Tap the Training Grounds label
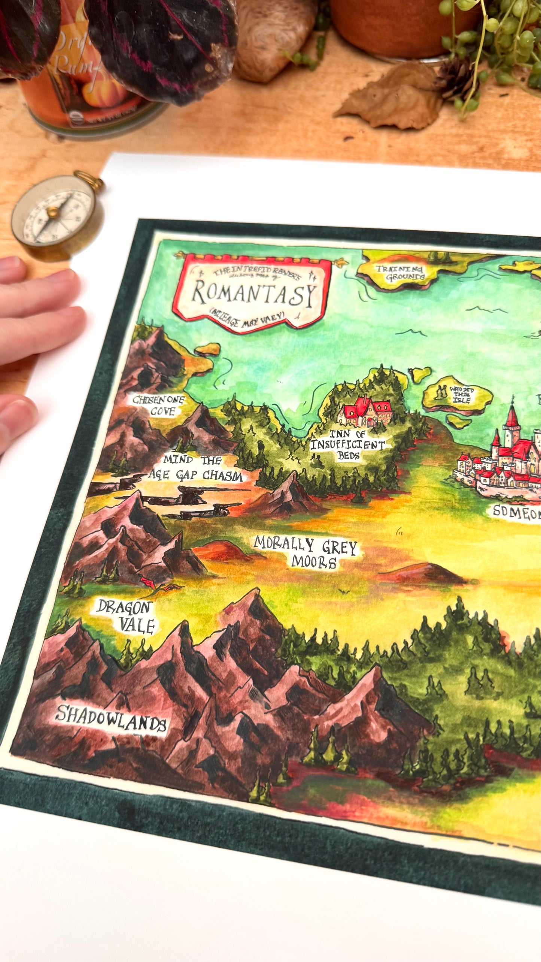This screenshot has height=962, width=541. click(400, 273)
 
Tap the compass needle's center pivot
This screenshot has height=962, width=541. click(52, 212)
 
